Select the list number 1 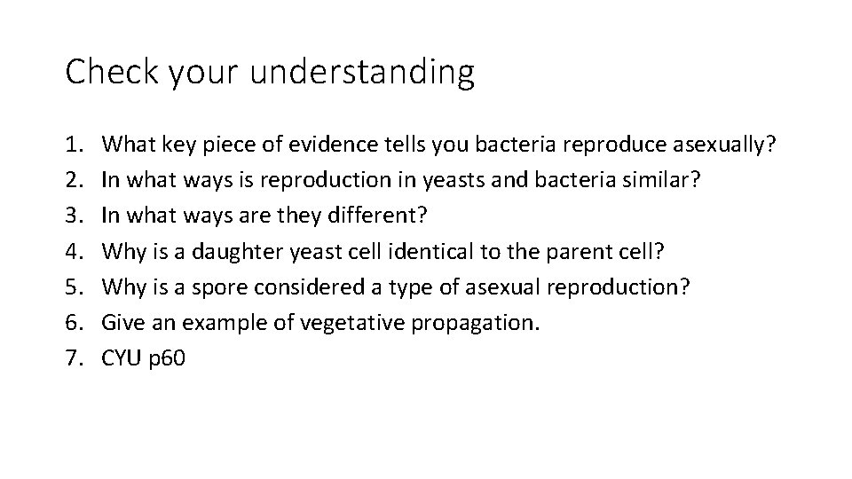coord(74,145)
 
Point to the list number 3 coord(74,216)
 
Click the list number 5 coord(74,287)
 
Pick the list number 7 coord(74,357)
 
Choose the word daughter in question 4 coord(235,251)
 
